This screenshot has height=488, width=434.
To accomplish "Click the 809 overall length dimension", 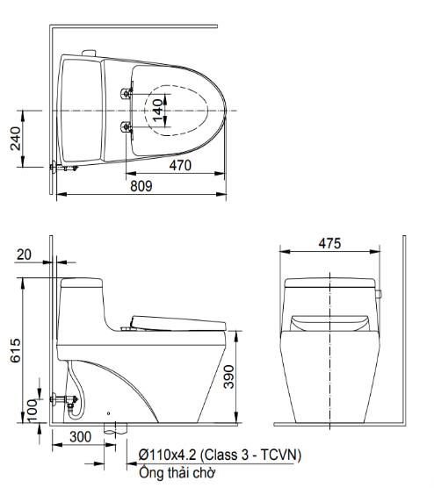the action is point(141,186).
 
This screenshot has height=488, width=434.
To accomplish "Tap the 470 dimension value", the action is point(180,165).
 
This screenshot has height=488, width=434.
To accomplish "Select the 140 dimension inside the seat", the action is point(158,111).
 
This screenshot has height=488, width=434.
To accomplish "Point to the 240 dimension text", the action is point(16,139).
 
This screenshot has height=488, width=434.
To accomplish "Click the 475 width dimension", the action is point(329,243).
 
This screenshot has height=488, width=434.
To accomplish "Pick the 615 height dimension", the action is point(16,350).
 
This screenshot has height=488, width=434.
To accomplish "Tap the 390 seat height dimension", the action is point(229,377).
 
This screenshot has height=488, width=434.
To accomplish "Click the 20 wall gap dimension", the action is point(24,255).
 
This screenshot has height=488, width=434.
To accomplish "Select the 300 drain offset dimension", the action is point(80,436).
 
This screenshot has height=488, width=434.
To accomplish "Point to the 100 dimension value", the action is point(33,412).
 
